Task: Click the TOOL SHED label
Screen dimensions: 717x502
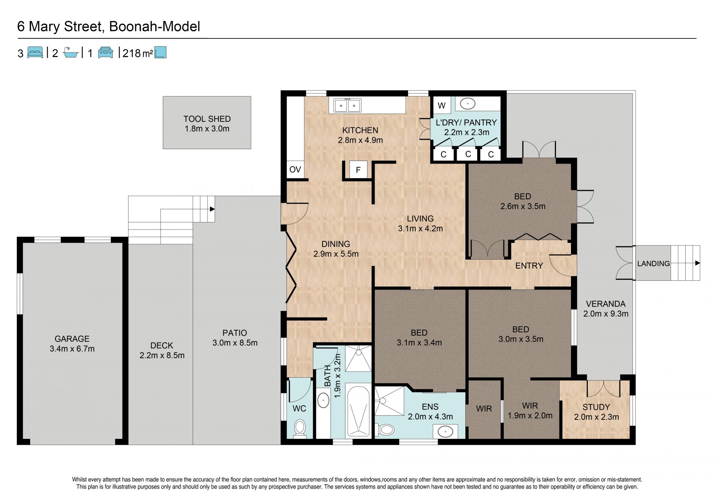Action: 207,119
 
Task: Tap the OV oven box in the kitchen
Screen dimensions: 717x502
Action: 295,169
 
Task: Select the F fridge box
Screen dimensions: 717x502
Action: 358,170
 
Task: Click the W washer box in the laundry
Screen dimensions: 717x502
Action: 442,105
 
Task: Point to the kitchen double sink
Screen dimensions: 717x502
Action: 348,105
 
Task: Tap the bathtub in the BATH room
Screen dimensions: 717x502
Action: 358,411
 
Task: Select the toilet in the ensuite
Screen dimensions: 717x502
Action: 385,429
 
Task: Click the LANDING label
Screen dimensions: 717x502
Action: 653,263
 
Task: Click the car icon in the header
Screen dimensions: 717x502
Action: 105,52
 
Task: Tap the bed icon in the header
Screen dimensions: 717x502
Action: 35,52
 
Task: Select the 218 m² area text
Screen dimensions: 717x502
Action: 137,53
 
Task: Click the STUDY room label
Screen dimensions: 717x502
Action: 596,407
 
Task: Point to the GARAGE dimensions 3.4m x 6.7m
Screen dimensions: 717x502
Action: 72,349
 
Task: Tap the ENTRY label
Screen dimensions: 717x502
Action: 529,266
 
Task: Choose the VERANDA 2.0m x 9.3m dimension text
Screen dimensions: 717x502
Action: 606,314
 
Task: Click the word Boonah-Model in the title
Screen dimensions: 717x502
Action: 155,27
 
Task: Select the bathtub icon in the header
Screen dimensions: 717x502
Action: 71,52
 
